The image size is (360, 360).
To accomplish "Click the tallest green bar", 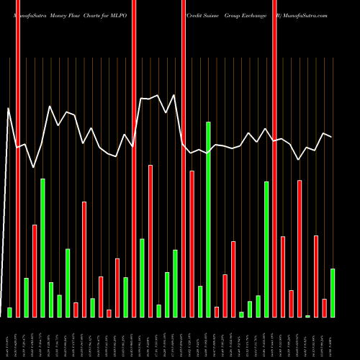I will tap(209, 220).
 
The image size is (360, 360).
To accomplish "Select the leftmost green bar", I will tap(9, 312).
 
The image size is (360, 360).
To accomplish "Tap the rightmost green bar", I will tap(333, 292).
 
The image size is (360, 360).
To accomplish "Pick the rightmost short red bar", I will tap(325, 307).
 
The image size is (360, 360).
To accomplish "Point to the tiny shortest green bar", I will tap(308, 316).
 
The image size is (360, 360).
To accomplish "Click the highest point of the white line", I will tap(174, 95).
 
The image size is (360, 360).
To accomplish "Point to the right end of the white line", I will tap(331, 137).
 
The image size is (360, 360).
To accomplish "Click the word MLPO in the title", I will tap(116, 15).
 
